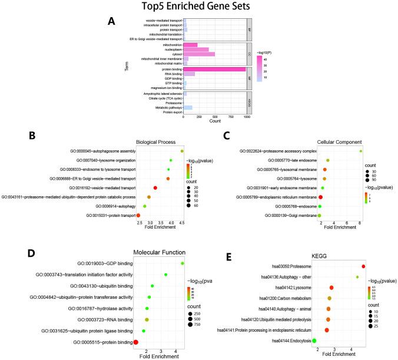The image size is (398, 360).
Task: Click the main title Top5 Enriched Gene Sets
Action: [x=198, y=7]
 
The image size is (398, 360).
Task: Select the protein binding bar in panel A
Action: [x=214, y=69]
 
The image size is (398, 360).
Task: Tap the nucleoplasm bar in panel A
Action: [x=196, y=49]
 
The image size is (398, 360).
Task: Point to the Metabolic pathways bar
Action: [x=188, y=107]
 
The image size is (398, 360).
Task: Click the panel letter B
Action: [x=34, y=135]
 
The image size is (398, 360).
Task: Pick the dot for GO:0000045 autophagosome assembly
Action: [x=182, y=151]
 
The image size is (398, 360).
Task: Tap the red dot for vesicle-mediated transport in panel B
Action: [x=155, y=187]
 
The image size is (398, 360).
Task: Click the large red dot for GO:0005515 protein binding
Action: [x=136, y=325]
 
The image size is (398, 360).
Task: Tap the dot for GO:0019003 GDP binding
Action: [x=183, y=263]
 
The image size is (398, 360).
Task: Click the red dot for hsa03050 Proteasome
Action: [x=363, y=266]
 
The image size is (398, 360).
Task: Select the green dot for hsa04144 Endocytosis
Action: [x=314, y=341]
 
